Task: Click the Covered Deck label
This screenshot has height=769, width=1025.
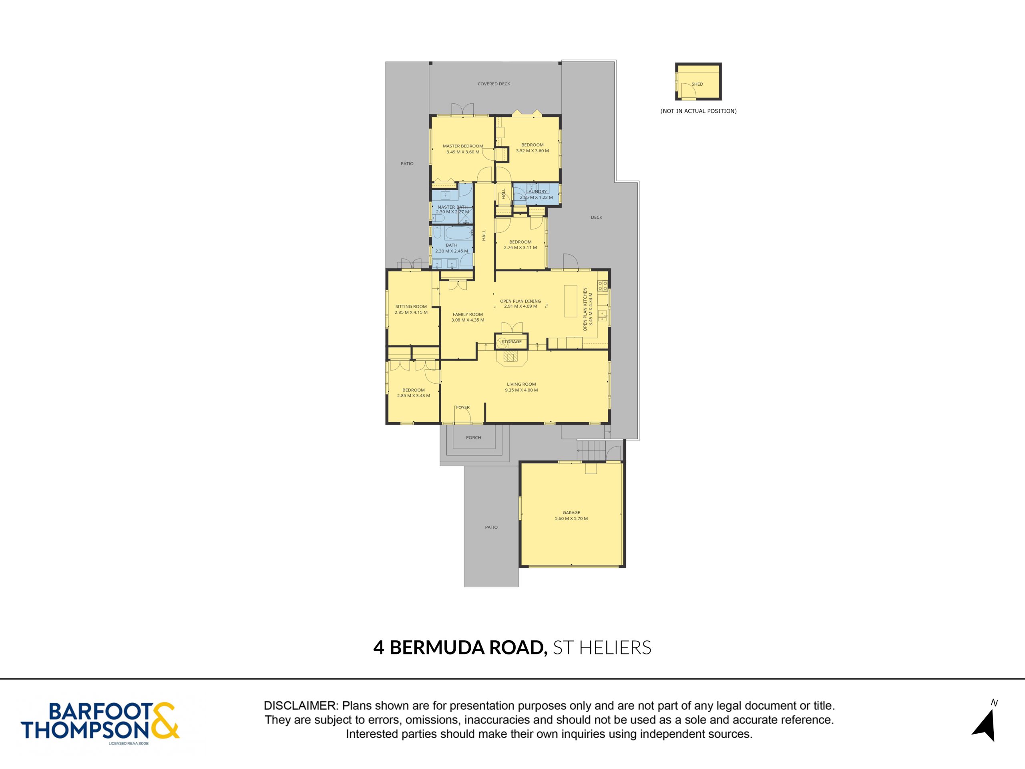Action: pyautogui.click(x=494, y=84)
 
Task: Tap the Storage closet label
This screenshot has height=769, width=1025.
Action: pyautogui.click(x=512, y=342)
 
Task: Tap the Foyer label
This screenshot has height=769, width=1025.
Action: pyautogui.click(x=463, y=407)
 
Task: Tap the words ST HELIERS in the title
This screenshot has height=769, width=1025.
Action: pyautogui.click(x=602, y=648)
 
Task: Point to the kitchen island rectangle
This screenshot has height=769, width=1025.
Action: pyautogui.click(x=570, y=301)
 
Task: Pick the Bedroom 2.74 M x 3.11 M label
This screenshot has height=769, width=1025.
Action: pyautogui.click(x=521, y=245)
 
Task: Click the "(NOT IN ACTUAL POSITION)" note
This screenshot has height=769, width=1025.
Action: pyautogui.click(x=698, y=111)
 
